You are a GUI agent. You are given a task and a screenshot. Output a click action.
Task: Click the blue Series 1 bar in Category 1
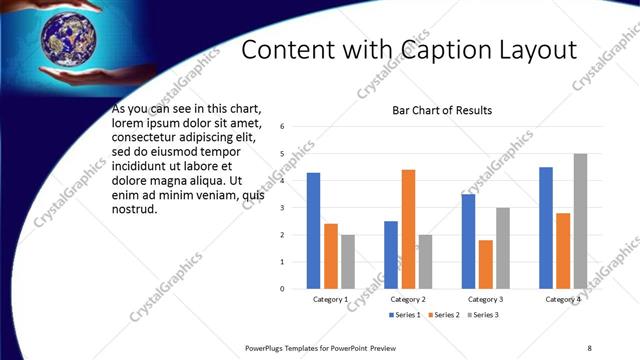click(x=313, y=231)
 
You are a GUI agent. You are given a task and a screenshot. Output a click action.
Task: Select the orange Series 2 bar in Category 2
click(x=408, y=229)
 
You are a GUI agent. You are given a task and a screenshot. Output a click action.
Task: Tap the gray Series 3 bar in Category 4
click(x=580, y=221)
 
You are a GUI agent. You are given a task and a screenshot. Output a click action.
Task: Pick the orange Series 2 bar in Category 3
click(x=485, y=264)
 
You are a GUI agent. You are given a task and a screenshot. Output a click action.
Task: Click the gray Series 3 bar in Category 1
click(x=348, y=262)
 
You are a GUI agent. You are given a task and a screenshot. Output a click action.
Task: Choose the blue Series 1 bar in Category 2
click(x=390, y=255)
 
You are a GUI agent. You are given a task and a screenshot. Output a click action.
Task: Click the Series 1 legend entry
click(x=406, y=315)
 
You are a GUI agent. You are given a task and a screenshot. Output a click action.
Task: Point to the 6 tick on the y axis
click(x=283, y=127)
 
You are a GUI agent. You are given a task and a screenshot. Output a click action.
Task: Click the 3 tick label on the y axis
click(x=283, y=208)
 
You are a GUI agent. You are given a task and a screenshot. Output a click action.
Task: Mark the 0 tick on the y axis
click(x=283, y=289)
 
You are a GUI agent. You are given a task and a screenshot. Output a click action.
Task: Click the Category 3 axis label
click(x=485, y=299)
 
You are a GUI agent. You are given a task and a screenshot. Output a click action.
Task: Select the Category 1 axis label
click(x=331, y=299)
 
